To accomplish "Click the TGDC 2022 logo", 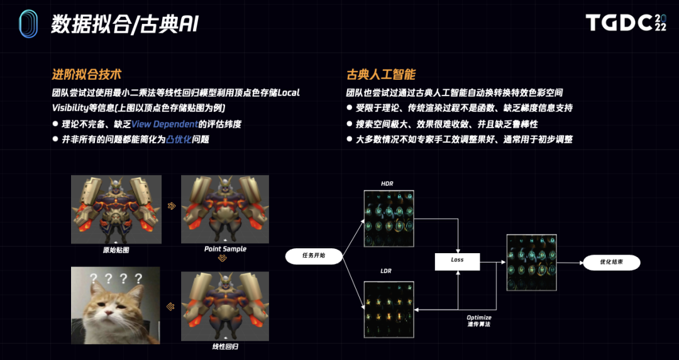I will click(x=626, y=23).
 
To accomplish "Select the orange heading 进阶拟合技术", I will click(x=86, y=75).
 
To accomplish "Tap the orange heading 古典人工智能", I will click(x=382, y=75).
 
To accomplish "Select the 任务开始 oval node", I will click(x=314, y=256).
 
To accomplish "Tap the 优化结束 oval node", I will click(x=611, y=263).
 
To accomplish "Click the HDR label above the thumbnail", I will click(x=387, y=183).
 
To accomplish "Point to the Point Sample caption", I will click(x=225, y=249).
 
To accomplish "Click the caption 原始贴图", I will click(x=116, y=249).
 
